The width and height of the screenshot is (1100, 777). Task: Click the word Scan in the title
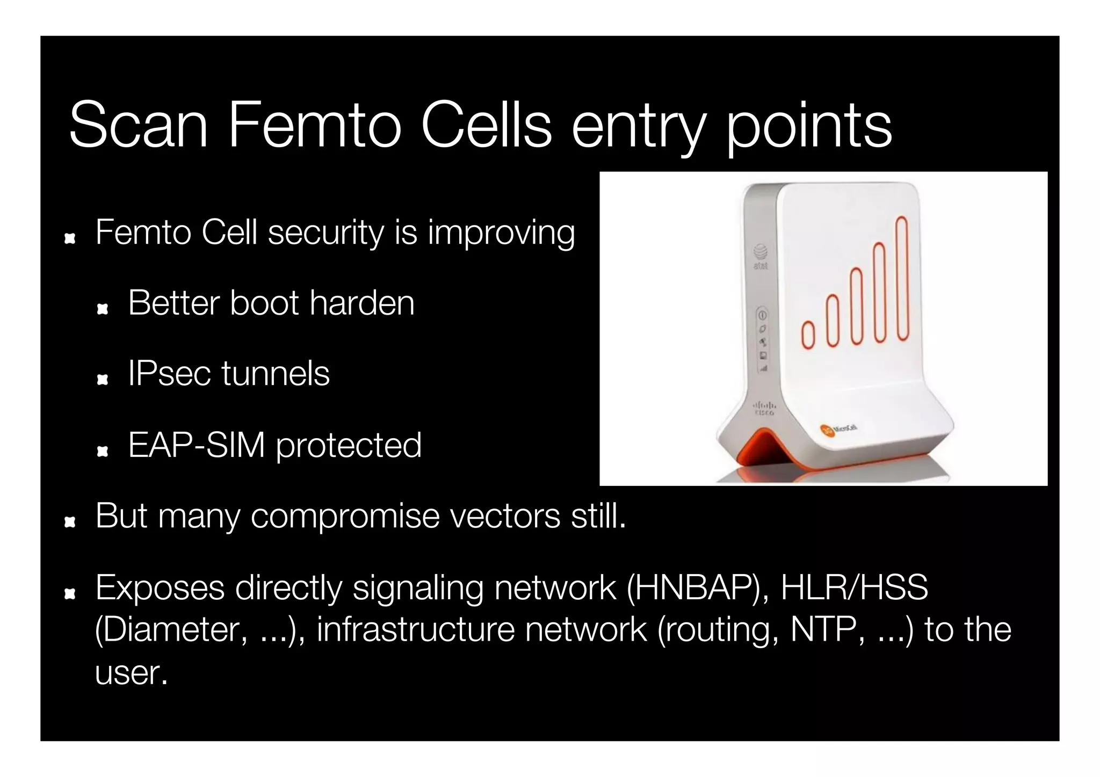pyautogui.click(x=138, y=126)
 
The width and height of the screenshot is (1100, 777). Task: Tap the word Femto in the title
pyautogui.click(x=314, y=126)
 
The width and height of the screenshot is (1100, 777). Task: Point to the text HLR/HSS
pyautogui.click(x=854, y=587)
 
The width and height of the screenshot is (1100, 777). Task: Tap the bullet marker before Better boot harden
pyautogui.click(x=102, y=309)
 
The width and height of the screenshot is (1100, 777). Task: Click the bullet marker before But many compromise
pyautogui.click(x=69, y=521)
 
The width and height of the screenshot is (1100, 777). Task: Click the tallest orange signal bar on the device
pyautogui.click(x=902, y=278)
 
